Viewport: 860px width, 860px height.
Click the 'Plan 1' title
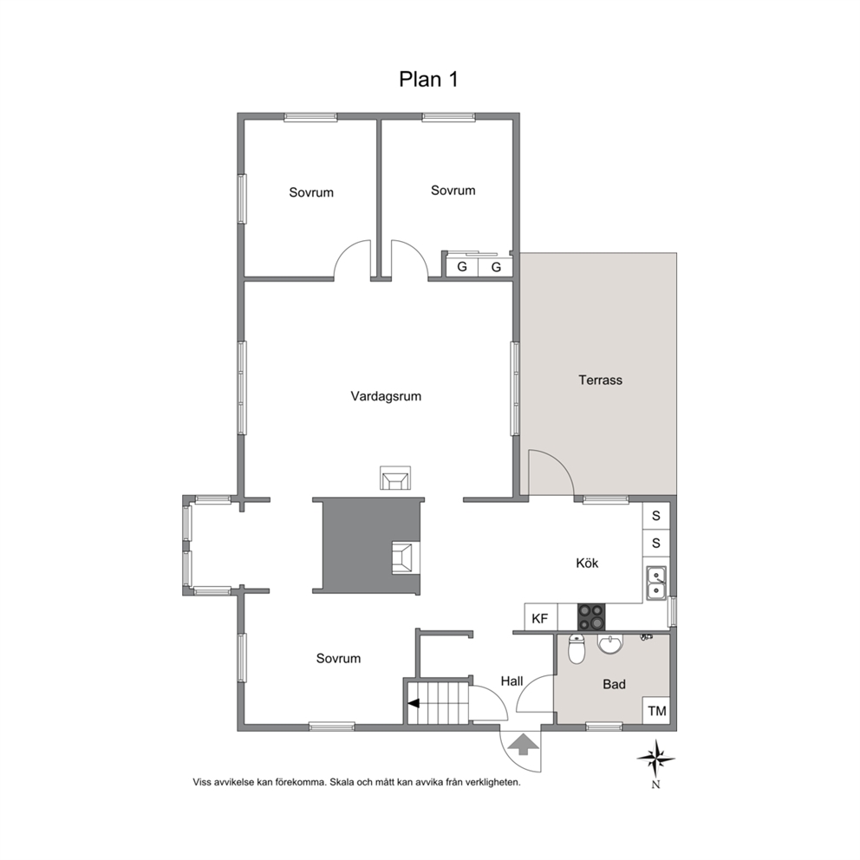click(427, 80)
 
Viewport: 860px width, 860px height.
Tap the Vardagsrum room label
click(386, 396)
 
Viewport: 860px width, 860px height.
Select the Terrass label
click(600, 380)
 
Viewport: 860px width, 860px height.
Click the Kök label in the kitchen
click(587, 563)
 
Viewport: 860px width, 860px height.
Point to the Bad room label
click(614, 684)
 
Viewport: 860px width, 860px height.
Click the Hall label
click(511, 681)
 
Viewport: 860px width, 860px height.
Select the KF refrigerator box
click(541, 618)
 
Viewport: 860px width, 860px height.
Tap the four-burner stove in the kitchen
click(591, 617)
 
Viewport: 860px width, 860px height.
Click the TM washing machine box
click(656, 711)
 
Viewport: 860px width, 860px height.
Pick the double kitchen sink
click(656, 583)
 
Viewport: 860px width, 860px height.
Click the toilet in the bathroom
click(577, 648)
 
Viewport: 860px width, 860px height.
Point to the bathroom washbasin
click(610, 644)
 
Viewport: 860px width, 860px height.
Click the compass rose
click(656, 759)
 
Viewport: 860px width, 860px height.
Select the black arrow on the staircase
click(414, 703)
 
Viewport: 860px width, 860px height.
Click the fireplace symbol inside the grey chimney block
click(406, 557)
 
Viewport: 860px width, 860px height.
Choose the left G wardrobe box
click(462, 267)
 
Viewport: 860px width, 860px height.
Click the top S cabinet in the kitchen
click(656, 516)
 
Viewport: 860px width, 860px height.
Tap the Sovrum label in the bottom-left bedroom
click(338, 659)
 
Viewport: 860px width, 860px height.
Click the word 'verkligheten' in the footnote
click(492, 783)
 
